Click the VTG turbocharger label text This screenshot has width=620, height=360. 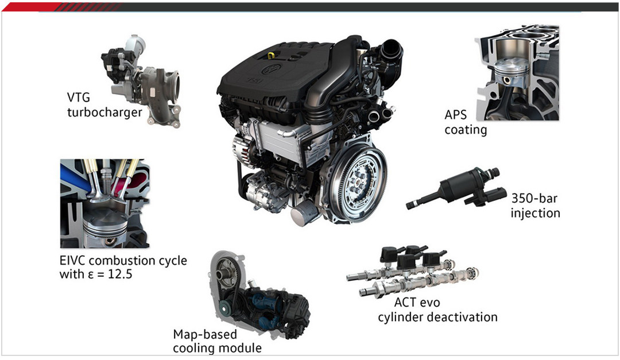104,105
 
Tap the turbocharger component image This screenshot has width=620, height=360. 141,81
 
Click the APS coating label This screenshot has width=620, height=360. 466,122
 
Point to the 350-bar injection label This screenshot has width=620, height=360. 535,206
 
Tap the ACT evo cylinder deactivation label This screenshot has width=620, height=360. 437,309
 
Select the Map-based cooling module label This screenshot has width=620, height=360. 217,341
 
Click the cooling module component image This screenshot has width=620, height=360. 259,295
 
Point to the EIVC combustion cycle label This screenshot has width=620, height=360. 123,267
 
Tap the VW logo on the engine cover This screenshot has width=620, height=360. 272,69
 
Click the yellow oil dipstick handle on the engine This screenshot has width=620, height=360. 271,55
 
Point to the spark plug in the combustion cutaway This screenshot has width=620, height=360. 106,177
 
